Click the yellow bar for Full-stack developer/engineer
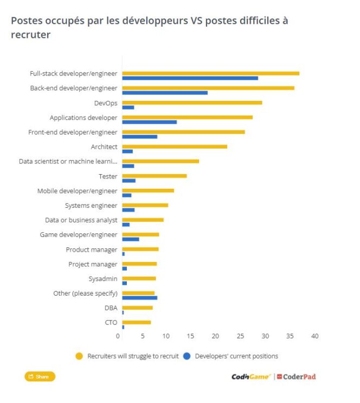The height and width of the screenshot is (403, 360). click(x=210, y=73)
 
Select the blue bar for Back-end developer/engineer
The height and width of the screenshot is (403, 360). click(x=165, y=92)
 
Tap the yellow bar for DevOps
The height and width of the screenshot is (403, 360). click(x=192, y=103)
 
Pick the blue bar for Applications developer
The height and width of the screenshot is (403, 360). click(x=149, y=121)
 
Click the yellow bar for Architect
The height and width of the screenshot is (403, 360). click(x=175, y=146)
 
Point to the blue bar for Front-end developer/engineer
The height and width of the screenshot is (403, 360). click(x=139, y=136)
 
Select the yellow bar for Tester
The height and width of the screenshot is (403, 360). click(x=154, y=176)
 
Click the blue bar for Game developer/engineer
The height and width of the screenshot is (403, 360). click(x=130, y=239)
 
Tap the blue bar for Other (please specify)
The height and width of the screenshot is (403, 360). click(x=139, y=297)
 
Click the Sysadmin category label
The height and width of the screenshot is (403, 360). click(x=103, y=279)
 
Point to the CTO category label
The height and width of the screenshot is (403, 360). click(x=111, y=323)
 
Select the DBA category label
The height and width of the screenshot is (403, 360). click(x=111, y=308)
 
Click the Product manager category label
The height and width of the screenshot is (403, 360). click(x=92, y=250)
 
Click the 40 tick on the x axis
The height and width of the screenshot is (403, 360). click(x=314, y=336)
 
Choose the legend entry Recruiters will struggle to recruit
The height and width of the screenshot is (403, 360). click(x=127, y=356)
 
